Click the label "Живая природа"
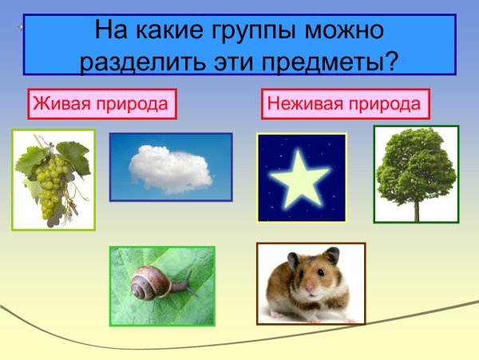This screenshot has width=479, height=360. pos(101,104)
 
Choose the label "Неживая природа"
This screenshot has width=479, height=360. pos(344,104)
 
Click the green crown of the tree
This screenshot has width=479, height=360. pos(415,164)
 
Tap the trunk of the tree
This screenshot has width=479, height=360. pos(416,209)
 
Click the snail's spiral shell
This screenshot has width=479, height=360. pos(148,283)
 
